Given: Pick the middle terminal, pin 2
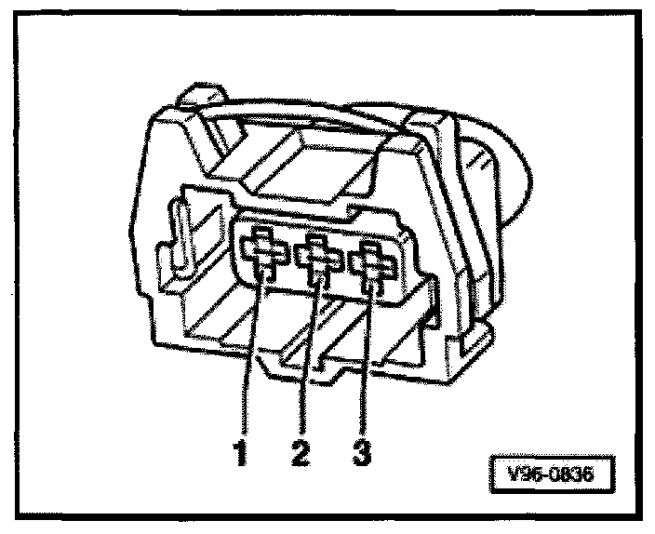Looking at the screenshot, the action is (x=316, y=258).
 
